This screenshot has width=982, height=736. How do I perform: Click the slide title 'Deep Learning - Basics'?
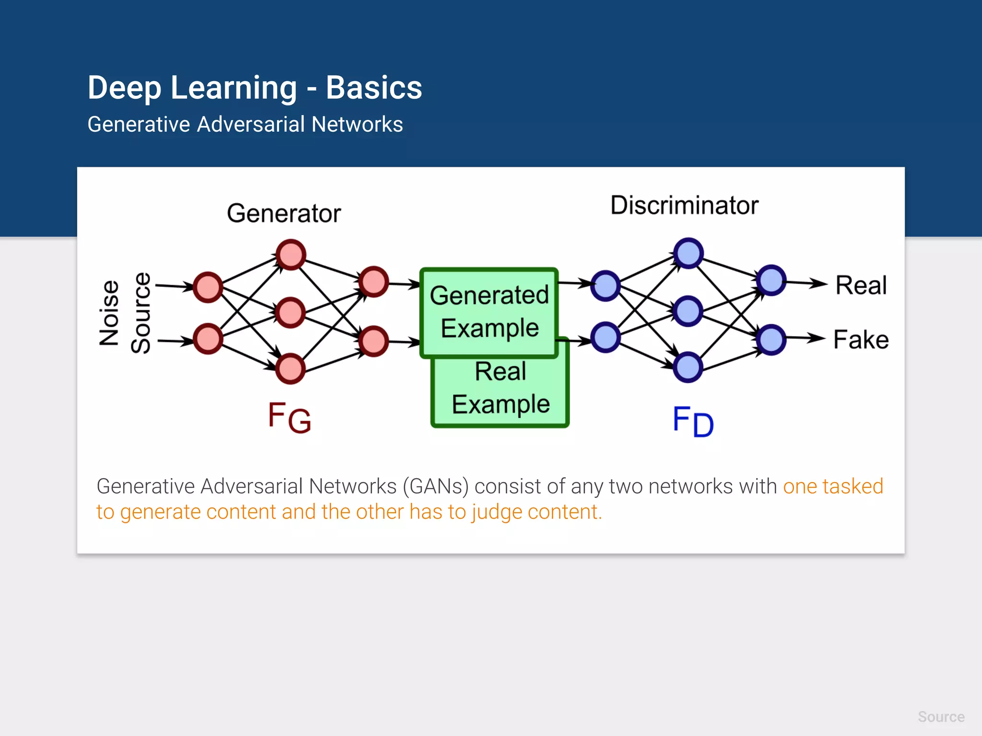[x=255, y=88]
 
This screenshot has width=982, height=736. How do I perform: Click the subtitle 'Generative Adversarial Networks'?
[x=245, y=125]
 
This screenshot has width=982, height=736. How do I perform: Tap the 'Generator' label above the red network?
[x=284, y=214]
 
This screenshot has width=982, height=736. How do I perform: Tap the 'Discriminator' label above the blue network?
[x=684, y=206]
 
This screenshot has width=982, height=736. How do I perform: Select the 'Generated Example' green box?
[x=489, y=311]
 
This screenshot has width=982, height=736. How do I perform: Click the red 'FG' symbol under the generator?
[x=289, y=417]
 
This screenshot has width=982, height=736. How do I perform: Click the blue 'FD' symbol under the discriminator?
[x=693, y=421]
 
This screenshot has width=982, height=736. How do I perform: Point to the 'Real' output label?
[x=861, y=286]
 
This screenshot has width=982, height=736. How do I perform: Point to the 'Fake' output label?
[x=861, y=340]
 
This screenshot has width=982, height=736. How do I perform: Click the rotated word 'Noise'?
[x=109, y=313]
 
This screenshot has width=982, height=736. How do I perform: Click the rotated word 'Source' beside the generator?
[x=141, y=313]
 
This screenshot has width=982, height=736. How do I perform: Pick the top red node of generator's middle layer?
[x=291, y=254]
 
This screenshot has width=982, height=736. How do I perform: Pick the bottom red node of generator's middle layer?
[x=290, y=368]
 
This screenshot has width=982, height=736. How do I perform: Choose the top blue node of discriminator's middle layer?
[x=688, y=253]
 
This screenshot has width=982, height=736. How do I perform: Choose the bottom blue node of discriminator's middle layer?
[x=688, y=367]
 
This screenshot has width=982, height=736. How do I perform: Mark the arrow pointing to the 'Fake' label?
[x=806, y=338]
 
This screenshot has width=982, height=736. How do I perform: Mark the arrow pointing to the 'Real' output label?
[x=807, y=283]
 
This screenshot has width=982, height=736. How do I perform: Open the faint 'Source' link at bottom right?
[x=941, y=717]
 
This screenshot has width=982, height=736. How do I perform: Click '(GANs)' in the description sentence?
[x=435, y=486]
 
